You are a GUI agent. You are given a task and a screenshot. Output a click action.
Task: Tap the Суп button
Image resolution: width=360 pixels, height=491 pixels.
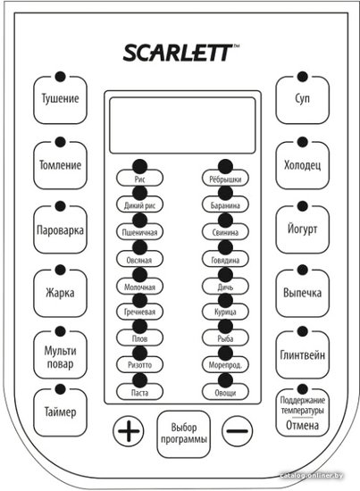tap(302, 100)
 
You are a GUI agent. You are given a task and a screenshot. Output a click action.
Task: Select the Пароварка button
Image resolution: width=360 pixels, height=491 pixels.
tap(60, 229)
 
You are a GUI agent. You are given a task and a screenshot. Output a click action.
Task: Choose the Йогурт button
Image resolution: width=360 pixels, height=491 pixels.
tap(302, 229)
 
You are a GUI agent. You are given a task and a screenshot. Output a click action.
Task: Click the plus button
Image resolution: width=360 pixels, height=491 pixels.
tap(129, 431)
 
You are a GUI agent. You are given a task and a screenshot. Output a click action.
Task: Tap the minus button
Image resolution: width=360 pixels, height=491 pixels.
tap(238, 431)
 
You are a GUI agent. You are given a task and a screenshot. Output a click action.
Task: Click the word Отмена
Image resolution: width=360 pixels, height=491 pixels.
tap(302, 426)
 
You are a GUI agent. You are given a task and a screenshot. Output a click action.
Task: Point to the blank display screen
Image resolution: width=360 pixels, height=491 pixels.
tap(182, 125)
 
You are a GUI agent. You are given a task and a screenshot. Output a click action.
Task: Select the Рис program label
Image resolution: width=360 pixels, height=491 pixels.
tap(139, 179)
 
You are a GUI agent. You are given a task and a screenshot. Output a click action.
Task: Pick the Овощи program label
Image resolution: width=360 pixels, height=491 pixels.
tap(225, 393)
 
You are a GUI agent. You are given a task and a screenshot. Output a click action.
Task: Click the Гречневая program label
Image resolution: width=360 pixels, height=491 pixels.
tap(139, 312)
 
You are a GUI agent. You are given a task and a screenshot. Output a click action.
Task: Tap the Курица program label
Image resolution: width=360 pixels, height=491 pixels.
tap(225, 312)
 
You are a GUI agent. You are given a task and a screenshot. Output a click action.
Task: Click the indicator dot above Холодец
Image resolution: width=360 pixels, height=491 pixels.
tap(302, 142)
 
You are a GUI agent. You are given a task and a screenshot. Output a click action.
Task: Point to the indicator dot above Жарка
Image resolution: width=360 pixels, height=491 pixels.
tap(60, 270)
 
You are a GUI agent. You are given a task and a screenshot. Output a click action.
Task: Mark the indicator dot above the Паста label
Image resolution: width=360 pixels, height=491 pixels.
tap(139, 381)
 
